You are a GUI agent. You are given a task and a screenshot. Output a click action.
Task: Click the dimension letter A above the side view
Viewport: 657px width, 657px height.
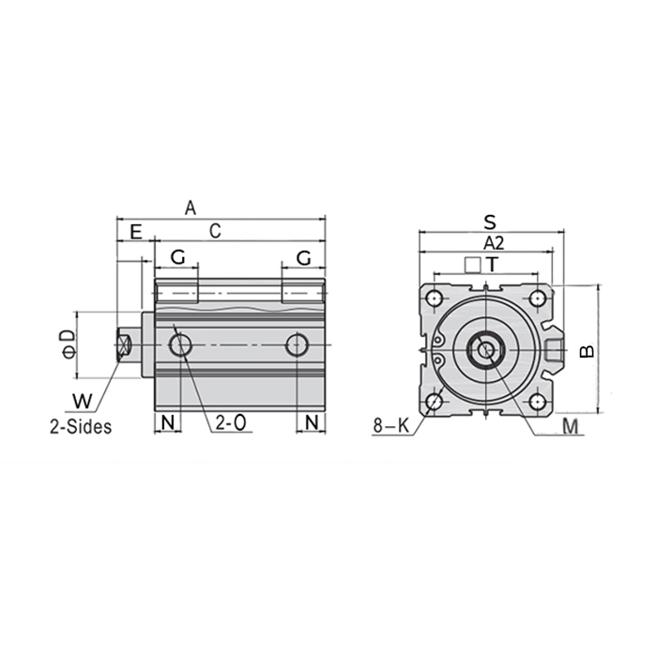(x=191, y=207)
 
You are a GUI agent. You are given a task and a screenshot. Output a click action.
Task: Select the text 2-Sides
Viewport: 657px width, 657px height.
(x=82, y=425)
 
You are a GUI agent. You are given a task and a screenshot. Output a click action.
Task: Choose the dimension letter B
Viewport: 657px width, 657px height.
(x=586, y=351)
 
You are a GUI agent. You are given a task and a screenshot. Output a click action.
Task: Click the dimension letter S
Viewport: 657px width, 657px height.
(x=490, y=222)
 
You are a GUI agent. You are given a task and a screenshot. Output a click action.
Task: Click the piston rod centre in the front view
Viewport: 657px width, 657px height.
(x=484, y=351)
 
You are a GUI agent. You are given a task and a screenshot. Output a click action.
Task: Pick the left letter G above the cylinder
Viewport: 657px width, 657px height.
(x=177, y=256)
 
